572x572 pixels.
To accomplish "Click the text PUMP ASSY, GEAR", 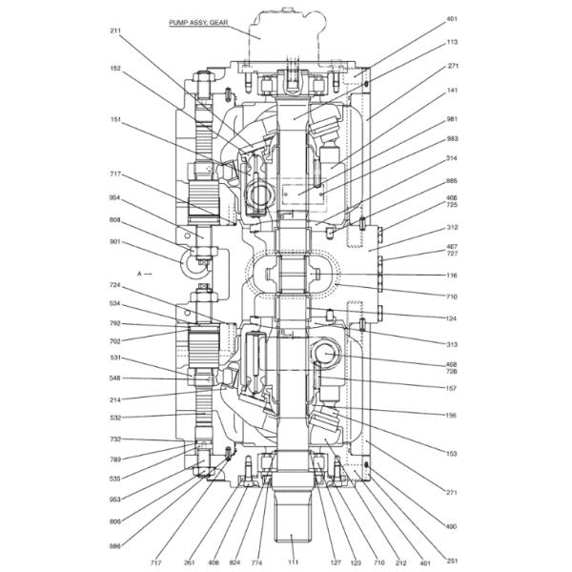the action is click(x=198, y=23).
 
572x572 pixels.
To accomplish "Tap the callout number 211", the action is click(x=115, y=31).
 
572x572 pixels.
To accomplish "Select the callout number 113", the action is click(x=452, y=42).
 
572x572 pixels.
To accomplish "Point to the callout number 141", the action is click(x=452, y=91).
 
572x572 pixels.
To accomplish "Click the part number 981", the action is click(x=452, y=119).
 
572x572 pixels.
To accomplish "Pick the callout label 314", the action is click(x=452, y=158).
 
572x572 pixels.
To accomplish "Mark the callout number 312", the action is click(x=452, y=227).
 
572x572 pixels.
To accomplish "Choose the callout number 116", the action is click(x=452, y=276).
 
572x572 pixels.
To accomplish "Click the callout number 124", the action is click(x=451, y=318).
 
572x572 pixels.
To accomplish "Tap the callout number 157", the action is click(x=451, y=389).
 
